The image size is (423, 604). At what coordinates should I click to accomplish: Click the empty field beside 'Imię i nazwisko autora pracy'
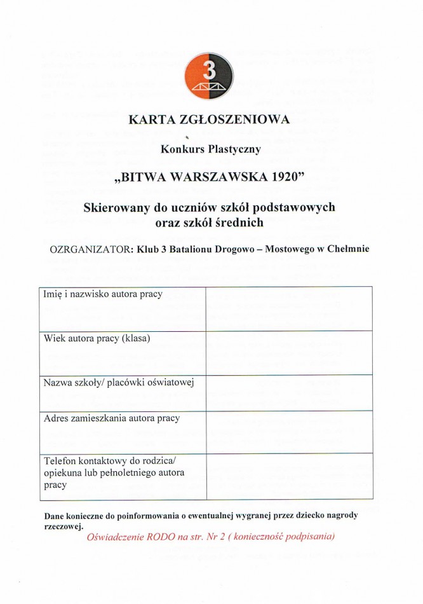tap(289, 308)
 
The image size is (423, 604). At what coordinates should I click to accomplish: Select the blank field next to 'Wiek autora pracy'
tap(289, 353)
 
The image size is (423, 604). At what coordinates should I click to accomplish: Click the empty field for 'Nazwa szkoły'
tap(289, 393)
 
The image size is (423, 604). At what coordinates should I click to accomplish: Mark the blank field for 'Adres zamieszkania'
tap(289, 432)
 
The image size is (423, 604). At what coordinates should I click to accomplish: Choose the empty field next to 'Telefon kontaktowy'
tap(289, 476)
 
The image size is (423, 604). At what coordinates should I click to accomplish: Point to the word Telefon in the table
tap(60, 460)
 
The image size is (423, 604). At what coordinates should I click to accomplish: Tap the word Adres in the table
tap(57, 418)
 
